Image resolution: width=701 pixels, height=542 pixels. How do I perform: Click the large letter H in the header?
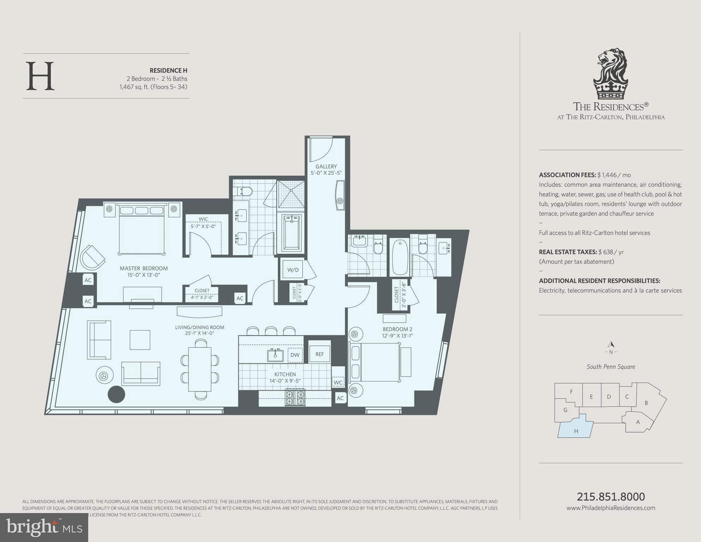tap(40, 76)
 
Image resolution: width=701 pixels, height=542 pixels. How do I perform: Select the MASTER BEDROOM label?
tap(144, 268)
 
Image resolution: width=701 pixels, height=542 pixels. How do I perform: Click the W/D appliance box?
tap(293, 270)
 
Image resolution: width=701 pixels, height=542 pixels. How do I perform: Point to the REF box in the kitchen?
tap(320, 354)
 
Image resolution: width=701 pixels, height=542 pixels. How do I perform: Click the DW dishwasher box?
tap(295, 355)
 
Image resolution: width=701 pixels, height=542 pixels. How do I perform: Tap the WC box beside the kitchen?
tap(338, 382)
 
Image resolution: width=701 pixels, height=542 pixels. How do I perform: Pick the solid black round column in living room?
tap(116, 394)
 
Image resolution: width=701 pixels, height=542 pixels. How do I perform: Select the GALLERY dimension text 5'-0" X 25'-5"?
tap(326, 173)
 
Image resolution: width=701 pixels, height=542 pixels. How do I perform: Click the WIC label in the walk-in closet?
tap(203, 219)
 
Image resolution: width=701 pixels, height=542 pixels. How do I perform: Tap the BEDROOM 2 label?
tap(397, 329)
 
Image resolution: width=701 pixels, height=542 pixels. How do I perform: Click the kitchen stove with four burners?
tap(295, 397)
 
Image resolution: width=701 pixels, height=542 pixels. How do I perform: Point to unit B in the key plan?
tap(646, 403)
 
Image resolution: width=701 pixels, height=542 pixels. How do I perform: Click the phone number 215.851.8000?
tap(611, 496)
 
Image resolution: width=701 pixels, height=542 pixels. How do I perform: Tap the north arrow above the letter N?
tap(611, 344)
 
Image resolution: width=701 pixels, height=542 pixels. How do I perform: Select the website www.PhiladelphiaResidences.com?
tap(611, 508)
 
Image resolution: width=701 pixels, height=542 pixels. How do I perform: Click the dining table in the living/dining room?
tap(200, 369)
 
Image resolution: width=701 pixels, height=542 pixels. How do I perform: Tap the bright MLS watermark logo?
tap(44, 527)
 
